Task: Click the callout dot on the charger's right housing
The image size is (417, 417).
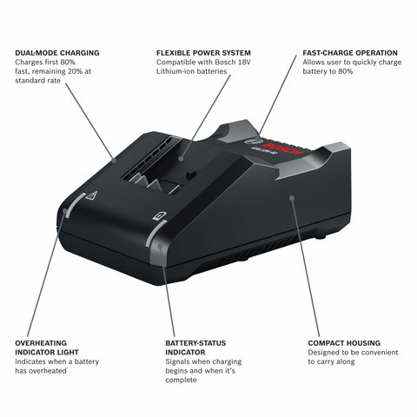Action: click(293, 199)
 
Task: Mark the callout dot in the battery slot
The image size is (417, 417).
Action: click(182, 159)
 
